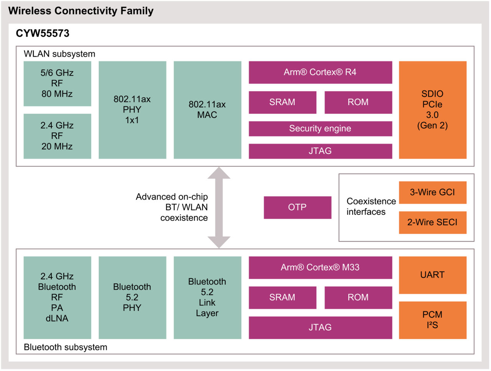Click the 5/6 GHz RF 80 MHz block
pos(57,83)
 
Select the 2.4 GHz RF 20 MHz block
pos(57,136)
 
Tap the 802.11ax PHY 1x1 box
pos(132,110)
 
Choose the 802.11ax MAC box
pos(207,110)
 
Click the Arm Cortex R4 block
pos(320,72)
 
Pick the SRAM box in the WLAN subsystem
pos(282,102)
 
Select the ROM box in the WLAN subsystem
pos(358,102)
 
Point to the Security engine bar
pos(320,129)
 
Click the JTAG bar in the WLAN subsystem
pos(320,151)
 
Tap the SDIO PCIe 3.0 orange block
pos(433,110)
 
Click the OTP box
pos(297,207)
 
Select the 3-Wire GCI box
pos(433,192)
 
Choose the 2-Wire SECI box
pos(433,222)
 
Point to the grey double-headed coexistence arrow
pos(219,207)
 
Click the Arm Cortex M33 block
pos(320,267)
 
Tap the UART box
pos(433,275)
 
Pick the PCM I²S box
pos(433,320)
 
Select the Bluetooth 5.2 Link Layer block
pos(207,297)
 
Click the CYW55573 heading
pos(43,33)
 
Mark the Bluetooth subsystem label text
pos(66,347)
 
